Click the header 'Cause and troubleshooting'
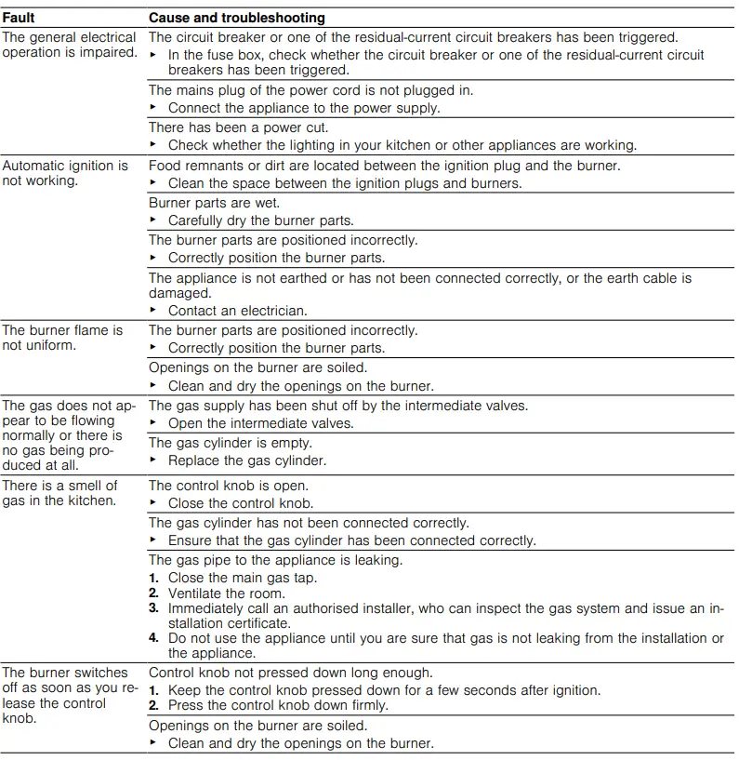(237, 18)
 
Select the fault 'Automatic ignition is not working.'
(65, 173)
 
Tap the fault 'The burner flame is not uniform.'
(62, 338)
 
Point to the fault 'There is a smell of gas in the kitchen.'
(59, 493)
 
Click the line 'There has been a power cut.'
(238, 127)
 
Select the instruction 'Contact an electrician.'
(237, 311)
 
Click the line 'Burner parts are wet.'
(214, 203)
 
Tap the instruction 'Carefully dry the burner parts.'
(260, 221)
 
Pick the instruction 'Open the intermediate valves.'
(260, 423)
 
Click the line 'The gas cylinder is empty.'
(231, 443)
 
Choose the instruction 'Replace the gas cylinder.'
(247, 460)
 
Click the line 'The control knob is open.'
(229, 486)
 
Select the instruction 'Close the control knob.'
(241, 503)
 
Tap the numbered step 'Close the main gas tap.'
(242, 578)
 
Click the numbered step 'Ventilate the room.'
(226, 593)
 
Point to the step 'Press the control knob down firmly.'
(278, 705)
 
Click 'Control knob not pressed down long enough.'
(290, 673)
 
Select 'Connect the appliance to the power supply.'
(304, 108)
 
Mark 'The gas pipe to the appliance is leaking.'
(275, 560)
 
